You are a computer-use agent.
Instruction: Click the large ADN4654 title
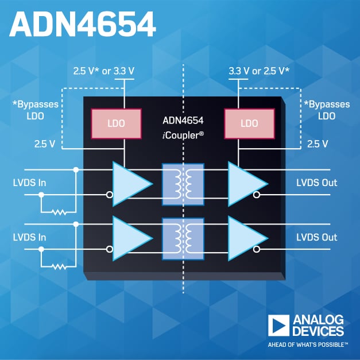(83, 26)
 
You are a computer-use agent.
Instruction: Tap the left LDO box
(117, 123)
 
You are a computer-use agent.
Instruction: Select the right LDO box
(249, 123)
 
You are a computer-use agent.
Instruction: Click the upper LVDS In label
(30, 183)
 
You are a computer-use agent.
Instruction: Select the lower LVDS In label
(30, 237)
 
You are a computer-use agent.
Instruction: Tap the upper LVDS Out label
(316, 183)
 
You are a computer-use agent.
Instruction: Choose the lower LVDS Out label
(316, 237)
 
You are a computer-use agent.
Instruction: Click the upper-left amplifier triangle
(130, 183)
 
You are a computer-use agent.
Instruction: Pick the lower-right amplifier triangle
(245, 237)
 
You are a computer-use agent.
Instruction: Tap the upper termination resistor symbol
(59, 212)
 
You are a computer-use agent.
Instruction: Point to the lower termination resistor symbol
(59, 266)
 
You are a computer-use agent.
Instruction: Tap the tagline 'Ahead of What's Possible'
(308, 344)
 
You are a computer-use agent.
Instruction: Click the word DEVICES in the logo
(318, 331)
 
